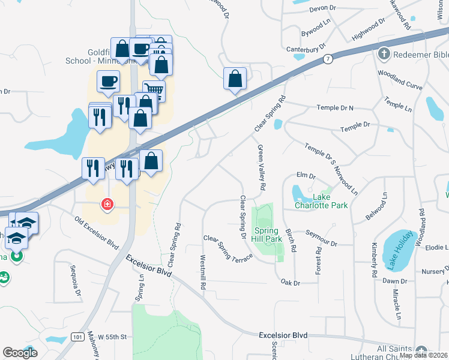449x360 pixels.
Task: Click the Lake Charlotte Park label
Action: (321, 201)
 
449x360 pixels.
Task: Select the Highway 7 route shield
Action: (327, 59)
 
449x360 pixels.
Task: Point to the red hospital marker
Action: (107, 205)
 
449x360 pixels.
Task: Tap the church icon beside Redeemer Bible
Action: (383, 55)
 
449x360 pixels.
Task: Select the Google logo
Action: (20, 353)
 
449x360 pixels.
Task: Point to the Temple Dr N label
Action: (335, 108)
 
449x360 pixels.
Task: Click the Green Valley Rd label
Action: (261, 167)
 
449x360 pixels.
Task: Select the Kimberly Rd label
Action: (374, 259)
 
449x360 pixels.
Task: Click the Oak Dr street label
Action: (290, 282)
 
